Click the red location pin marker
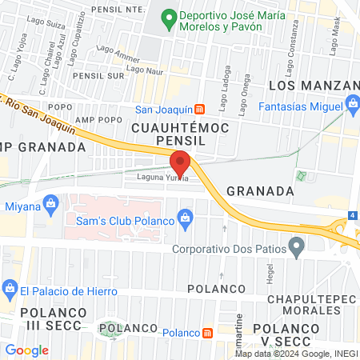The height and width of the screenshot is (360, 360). pyautogui.click(x=181, y=162)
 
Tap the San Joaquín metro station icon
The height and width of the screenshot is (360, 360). pyautogui.click(x=201, y=109)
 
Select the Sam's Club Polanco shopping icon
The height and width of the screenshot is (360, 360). pyautogui.click(x=186, y=217)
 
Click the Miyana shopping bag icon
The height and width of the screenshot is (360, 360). pyautogui.click(x=52, y=205)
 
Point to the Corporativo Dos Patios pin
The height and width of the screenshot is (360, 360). pyautogui.click(x=297, y=247)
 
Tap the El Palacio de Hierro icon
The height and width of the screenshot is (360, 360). pyautogui.click(x=10, y=286)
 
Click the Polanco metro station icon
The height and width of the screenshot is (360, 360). pyautogui.click(x=207, y=332)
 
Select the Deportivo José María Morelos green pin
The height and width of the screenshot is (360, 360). pyautogui.click(x=168, y=15)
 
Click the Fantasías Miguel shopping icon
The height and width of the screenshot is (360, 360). pyautogui.click(x=353, y=104)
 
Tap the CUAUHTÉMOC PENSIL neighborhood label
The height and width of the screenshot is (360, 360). pyautogui.click(x=180, y=133)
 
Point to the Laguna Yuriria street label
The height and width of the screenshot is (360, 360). pyautogui.click(x=162, y=178)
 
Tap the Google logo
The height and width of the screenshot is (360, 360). pyautogui.click(x=27, y=350)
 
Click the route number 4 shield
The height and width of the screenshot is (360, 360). pyautogui.click(x=353, y=216)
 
